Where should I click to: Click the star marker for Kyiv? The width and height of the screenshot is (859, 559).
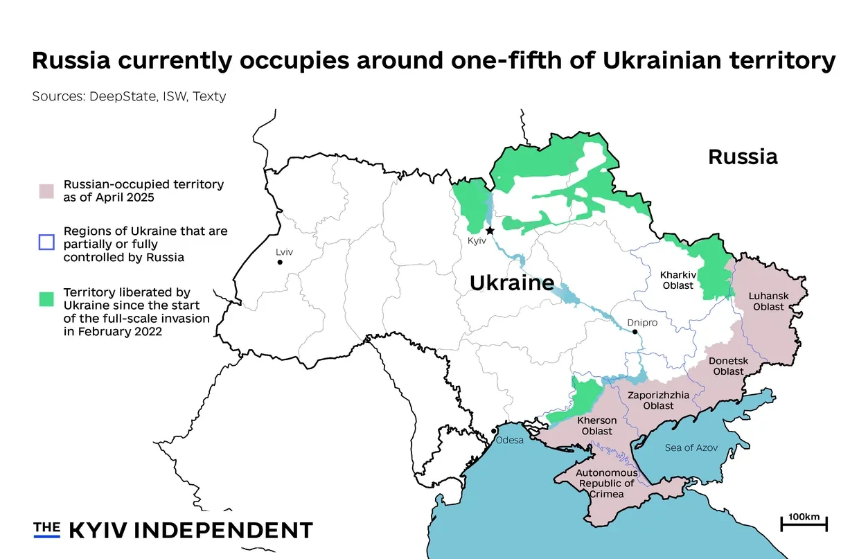point(490,230)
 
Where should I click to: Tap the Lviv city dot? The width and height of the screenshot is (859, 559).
point(280,263)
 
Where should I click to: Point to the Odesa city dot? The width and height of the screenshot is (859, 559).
point(493,431)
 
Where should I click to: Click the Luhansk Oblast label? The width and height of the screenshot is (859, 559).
point(768,301)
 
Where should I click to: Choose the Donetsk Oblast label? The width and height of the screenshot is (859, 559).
point(728,366)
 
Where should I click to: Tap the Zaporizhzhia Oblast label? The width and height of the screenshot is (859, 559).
point(658,400)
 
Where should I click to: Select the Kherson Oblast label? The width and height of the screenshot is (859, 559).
point(596,425)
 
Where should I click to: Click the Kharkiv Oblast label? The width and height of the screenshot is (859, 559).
point(677,280)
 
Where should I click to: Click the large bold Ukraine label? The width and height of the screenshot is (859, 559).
point(511,283)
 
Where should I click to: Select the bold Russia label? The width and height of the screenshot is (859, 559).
point(743,157)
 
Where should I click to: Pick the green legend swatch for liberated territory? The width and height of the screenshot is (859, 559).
point(46,299)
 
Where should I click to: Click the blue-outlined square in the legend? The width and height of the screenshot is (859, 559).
point(46,242)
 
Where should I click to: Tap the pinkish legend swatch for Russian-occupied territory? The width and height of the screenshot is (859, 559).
point(46,191)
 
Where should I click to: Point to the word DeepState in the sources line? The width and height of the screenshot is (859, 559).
point(121,96)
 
